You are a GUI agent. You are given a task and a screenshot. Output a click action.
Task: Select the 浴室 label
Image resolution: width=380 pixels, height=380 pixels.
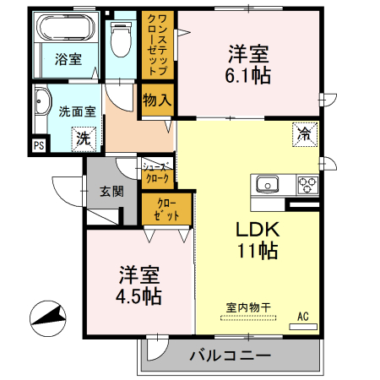tap(68, 59)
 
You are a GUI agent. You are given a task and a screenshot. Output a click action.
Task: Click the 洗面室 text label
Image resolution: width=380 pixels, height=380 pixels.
tap(76, 110)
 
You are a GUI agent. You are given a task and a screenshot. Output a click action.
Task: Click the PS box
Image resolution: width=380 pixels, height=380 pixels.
tap(38, 145)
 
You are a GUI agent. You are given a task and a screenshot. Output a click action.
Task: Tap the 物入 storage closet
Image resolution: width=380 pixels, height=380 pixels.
tap(158, 100)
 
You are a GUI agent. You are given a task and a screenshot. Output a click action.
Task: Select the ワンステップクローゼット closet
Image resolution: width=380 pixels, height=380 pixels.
tap(157, 46)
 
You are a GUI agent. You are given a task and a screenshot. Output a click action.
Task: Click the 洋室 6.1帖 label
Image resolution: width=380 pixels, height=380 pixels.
tap(248, 65)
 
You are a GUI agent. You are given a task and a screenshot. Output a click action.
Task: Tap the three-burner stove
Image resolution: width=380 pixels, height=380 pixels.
tap(305, 184)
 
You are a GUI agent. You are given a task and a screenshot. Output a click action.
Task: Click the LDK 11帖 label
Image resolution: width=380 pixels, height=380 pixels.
tap(257, 240)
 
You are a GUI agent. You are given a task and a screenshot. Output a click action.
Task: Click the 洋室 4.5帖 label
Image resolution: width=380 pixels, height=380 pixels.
tap(139, 285)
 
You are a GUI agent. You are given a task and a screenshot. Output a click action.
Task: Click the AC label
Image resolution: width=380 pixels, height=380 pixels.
tap(303, 318)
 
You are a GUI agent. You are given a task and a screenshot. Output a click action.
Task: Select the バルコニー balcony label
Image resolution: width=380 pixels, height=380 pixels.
tap(230, 355)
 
